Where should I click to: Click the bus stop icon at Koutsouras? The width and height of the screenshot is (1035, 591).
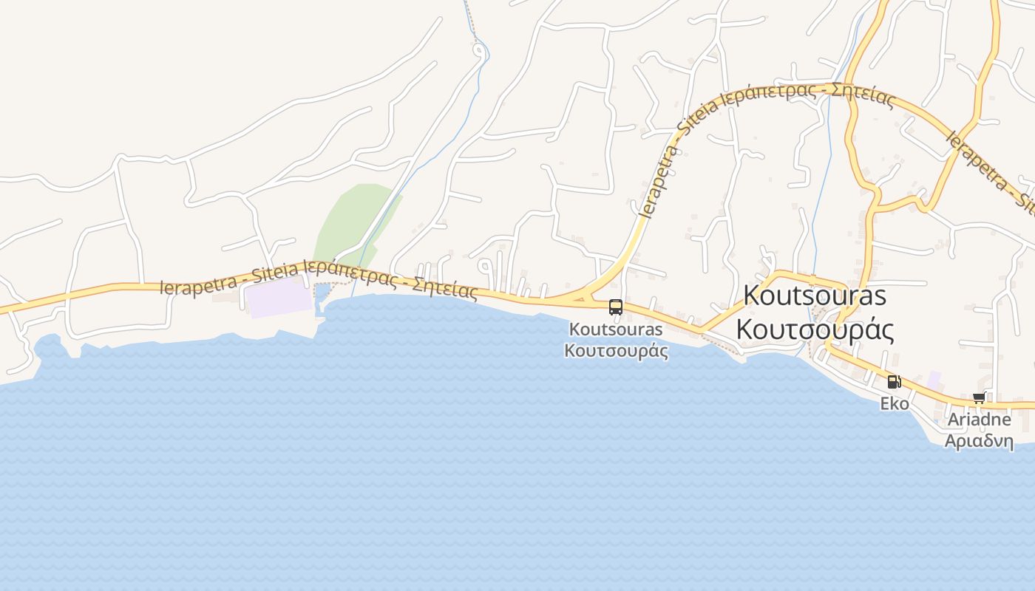(615, 307)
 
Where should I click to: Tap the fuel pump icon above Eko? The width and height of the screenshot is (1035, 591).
(894, 382)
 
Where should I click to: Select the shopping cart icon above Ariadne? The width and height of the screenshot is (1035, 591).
(979, 398)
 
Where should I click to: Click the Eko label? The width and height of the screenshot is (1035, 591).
(894, 404)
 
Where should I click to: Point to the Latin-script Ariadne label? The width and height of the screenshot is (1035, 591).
(980, 420)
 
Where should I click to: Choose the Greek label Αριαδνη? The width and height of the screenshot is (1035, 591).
(979, 441)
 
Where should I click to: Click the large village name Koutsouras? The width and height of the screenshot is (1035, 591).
(815, 295)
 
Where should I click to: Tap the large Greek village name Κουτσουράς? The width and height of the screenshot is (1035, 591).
(815, 329)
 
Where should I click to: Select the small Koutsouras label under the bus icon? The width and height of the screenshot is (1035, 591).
(616, 329)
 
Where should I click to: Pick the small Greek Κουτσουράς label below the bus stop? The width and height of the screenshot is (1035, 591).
(616, 350)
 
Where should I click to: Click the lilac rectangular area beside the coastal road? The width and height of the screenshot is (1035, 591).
(278, 298)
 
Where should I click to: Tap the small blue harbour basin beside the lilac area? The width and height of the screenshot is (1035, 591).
(322, 295)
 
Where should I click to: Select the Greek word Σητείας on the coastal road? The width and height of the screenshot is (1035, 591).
(444, 287)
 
